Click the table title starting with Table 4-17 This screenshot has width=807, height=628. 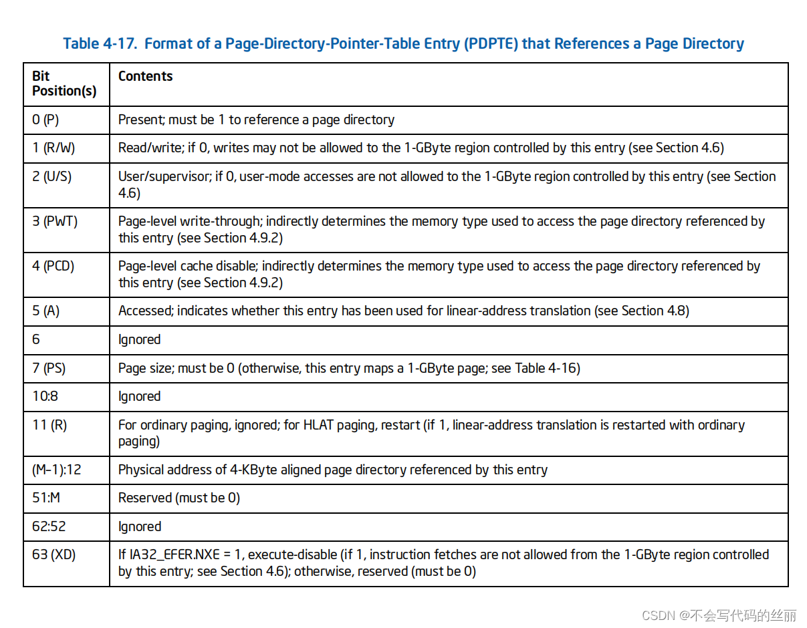coord(403,44)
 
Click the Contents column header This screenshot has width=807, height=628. coord(145,76)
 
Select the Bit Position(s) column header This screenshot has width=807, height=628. coord(64,84)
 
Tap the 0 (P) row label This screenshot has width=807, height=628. coord(47,120)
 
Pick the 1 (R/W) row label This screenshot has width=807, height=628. coord(53,148)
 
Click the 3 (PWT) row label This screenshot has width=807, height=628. coord(55,221)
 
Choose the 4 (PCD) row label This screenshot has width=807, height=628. coord(53,266)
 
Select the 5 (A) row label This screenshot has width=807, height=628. coord(46,311)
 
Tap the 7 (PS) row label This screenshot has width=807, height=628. coord(49,368)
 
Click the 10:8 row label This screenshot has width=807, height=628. coord(45,396)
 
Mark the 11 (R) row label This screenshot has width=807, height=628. coord(49,425)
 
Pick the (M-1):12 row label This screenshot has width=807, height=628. coord(56,470)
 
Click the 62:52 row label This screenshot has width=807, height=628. coord(49,526)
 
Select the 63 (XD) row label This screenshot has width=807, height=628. coord(53,555)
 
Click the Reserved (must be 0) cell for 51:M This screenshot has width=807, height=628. coord(179,498)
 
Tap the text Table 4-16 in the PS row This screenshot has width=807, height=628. coord(546,368)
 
